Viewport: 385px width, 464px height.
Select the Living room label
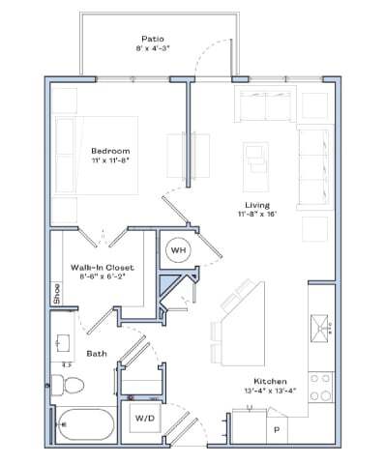pos(256,205)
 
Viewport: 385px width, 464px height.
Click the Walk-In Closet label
pos(101,267)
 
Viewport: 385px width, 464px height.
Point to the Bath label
pos(97,354)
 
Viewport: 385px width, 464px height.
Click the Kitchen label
pos(270,381)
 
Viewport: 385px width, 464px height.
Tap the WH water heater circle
pos(178,250)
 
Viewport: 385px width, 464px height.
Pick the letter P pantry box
pos(276,428)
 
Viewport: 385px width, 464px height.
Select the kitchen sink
pos(320,329)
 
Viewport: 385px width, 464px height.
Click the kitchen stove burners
pos(320,387)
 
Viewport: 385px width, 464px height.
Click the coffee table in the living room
pos(255,155)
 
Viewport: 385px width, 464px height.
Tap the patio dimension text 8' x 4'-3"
pos(152,47)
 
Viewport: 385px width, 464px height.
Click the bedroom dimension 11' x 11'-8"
pos(109,161)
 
